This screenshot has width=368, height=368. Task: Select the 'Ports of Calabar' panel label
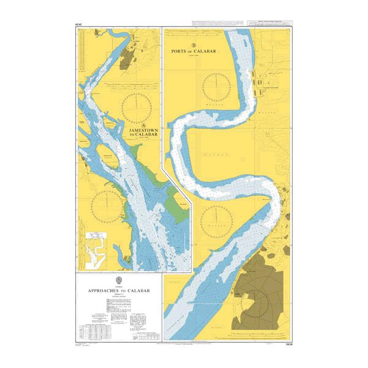[x=193, y=52]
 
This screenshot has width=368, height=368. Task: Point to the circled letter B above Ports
[x=193, y=45]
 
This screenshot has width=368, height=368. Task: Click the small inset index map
[x=95, y=248]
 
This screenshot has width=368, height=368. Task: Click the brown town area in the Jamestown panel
[x=129, y=59]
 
